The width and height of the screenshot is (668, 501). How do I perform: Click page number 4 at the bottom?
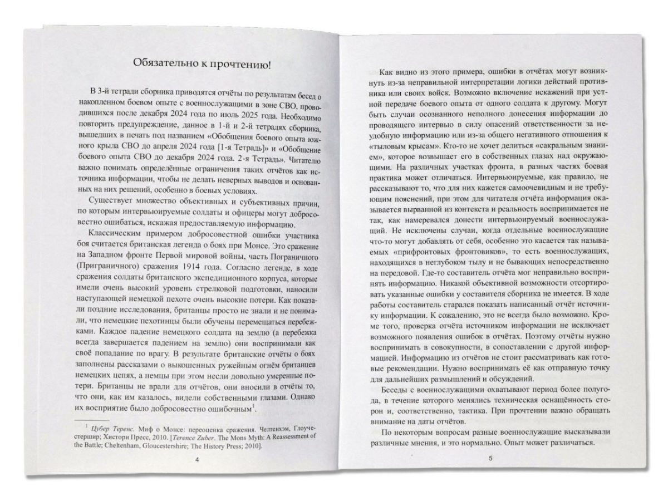191,460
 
